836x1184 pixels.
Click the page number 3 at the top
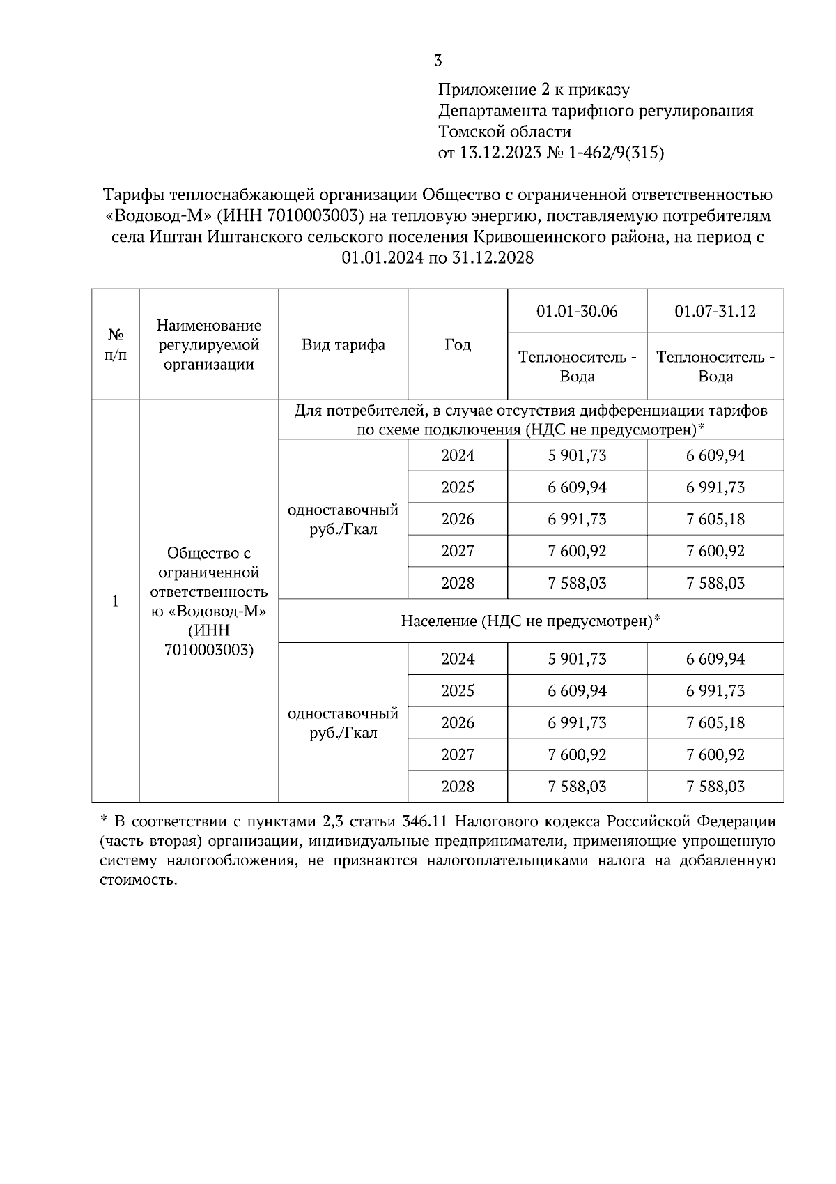438,61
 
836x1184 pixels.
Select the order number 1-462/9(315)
616,153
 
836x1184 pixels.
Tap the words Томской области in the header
504,132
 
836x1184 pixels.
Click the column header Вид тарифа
343,345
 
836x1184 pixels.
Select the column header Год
458,345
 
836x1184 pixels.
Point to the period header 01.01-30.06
577,311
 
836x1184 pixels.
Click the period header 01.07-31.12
715,311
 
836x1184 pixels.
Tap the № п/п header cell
116,345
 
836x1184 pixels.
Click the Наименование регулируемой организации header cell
209,345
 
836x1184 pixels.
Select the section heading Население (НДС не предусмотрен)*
531,621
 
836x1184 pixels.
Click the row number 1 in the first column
116,601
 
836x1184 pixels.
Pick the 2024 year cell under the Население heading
458,659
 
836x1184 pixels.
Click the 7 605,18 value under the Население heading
715,723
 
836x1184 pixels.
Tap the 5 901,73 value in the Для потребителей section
577,456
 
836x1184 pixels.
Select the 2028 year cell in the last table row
458,787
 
